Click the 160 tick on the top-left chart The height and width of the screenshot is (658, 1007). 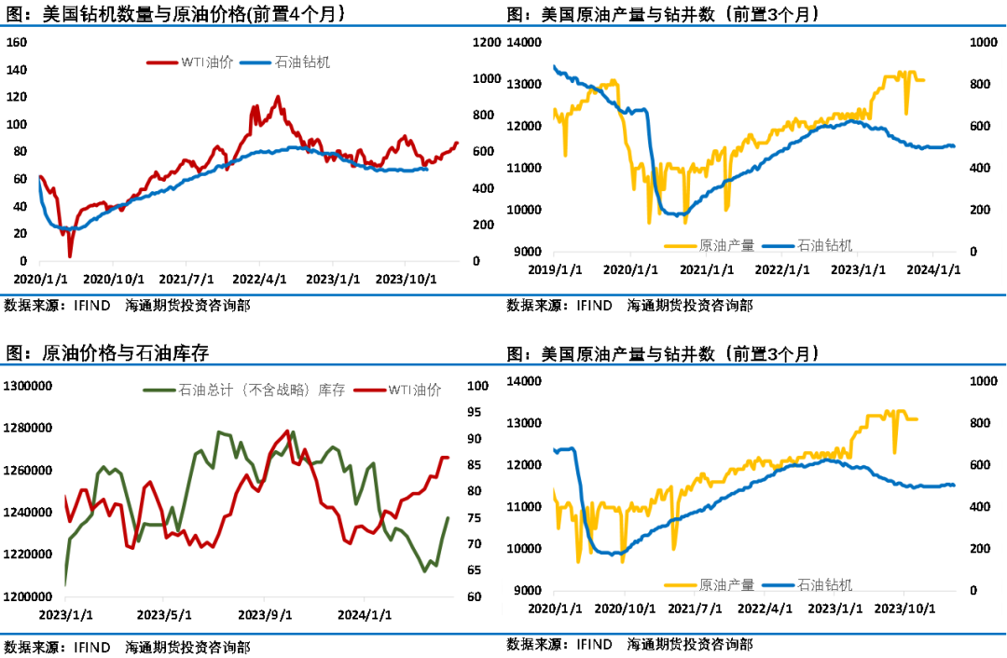click(x=18, y=42)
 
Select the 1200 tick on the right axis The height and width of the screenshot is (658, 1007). click(x=487, y=42)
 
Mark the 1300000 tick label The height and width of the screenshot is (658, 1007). click(x=25, y=386)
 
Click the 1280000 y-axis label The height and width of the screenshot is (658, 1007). click(x=25, y=428)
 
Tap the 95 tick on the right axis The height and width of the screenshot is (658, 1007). click(x=475, y=412)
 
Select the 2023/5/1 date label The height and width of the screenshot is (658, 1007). click(x=163, y=615)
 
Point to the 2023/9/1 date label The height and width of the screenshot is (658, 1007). click(x=265, y=615)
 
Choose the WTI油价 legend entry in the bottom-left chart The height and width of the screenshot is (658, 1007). click(x=415, y=390)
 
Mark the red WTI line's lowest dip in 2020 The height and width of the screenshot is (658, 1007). click(x=70, y=256)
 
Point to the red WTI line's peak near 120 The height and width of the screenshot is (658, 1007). click(x=278, y=96)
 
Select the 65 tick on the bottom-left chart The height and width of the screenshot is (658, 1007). click(x=475, y=569)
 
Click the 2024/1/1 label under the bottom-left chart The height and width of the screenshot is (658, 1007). click(x=366, y=615)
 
